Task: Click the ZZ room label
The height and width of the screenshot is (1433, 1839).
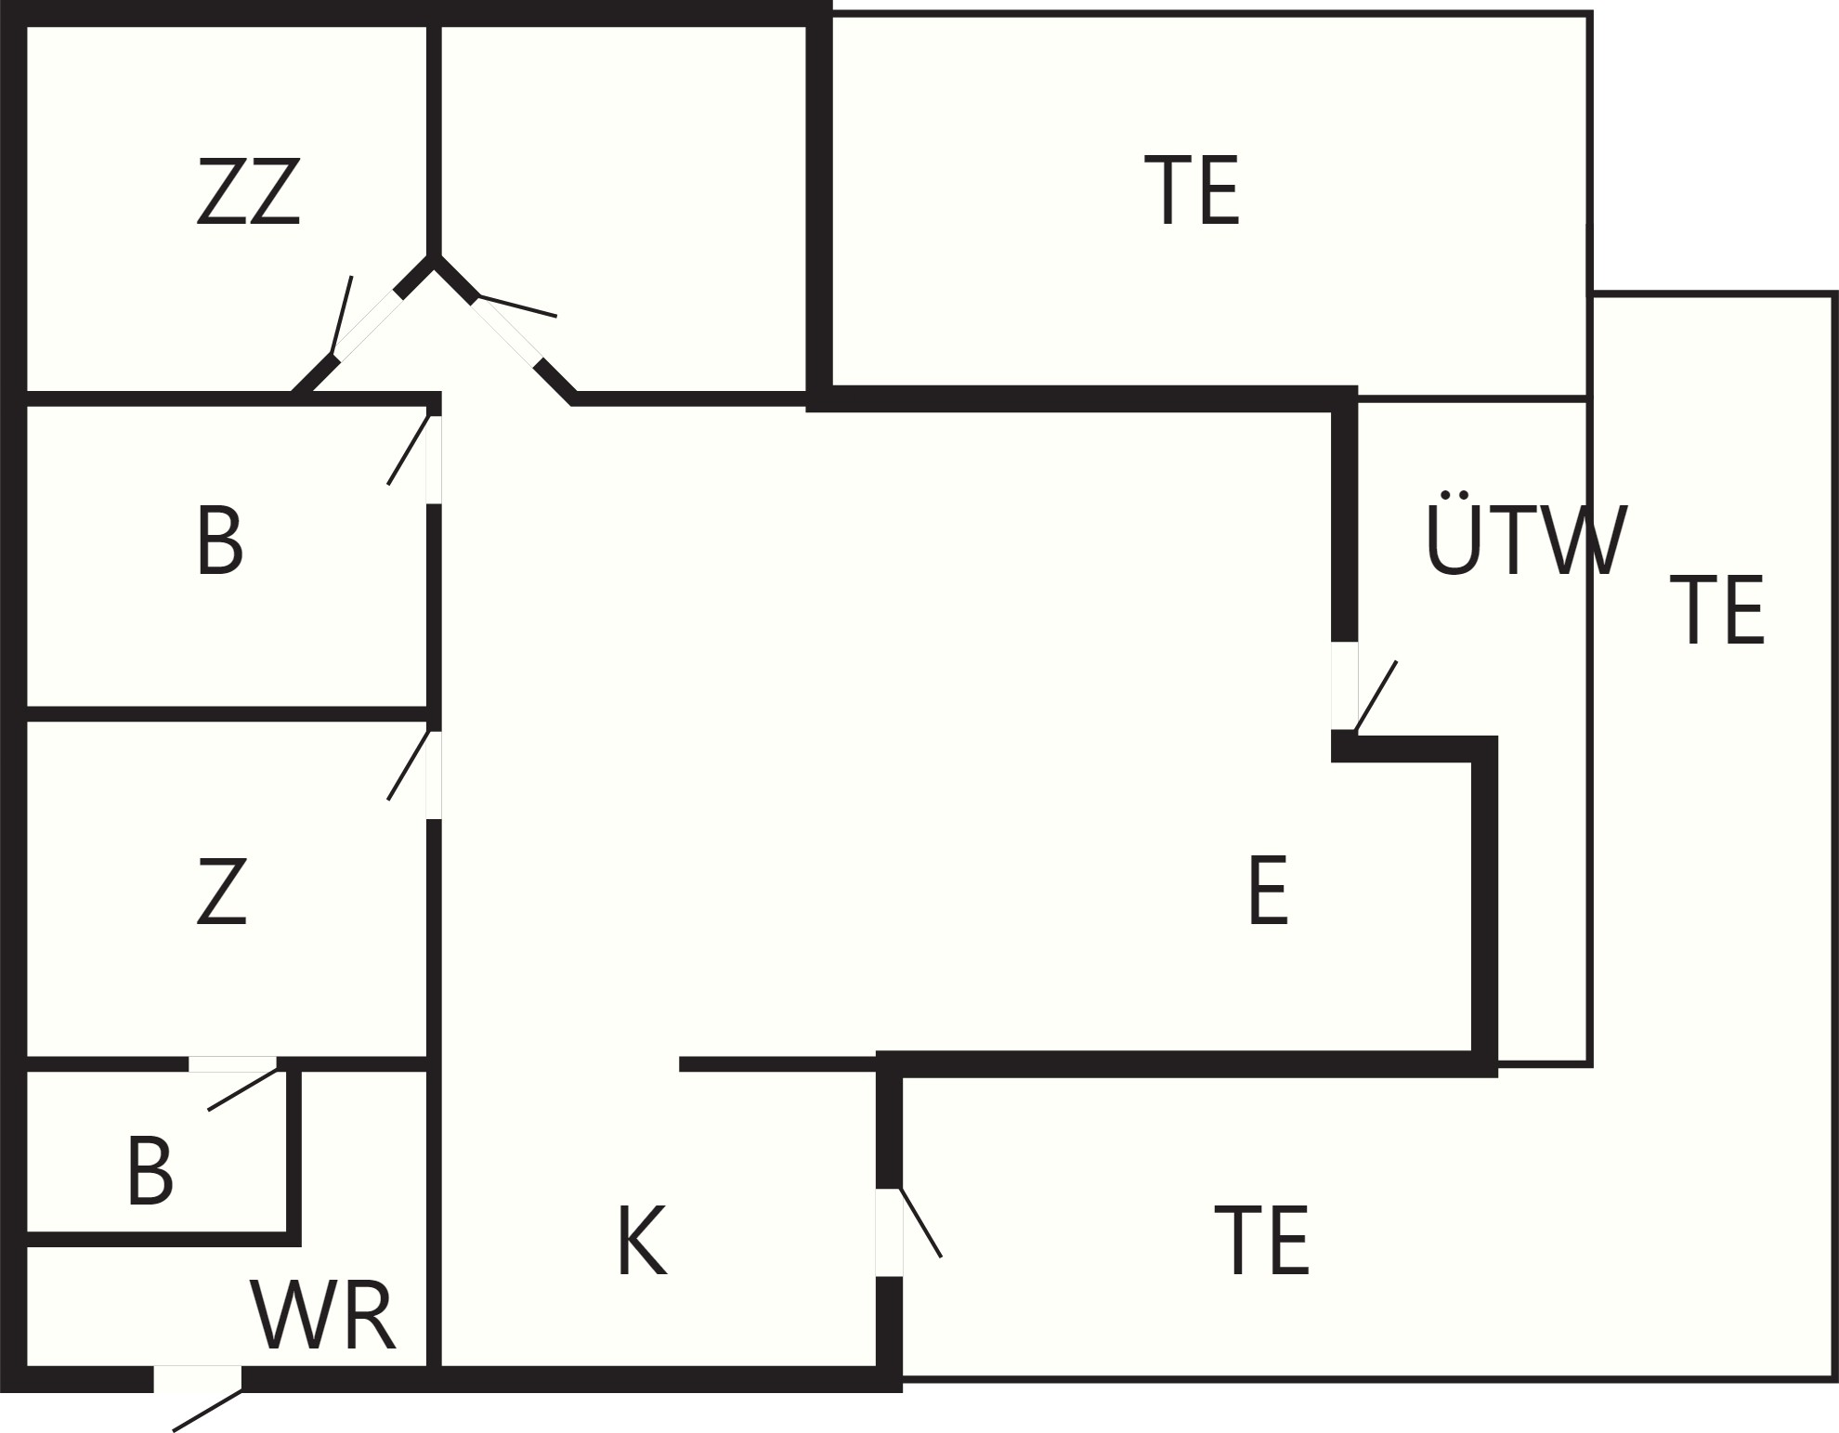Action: click(249, 191)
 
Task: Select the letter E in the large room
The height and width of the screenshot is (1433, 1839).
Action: click(1268, 891)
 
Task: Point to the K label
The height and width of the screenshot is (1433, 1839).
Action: click(642, 1242)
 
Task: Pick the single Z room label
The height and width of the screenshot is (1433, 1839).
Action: click(222, 892)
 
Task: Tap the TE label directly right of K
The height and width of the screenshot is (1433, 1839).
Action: click(1261, 1241)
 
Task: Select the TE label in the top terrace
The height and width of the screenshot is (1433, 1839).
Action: click(1192, 190)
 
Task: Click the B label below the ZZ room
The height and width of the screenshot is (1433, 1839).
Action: click(219, 541)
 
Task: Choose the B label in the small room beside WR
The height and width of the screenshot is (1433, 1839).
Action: click(150, 1172)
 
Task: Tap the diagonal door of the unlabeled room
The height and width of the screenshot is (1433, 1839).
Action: click(507, 331)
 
